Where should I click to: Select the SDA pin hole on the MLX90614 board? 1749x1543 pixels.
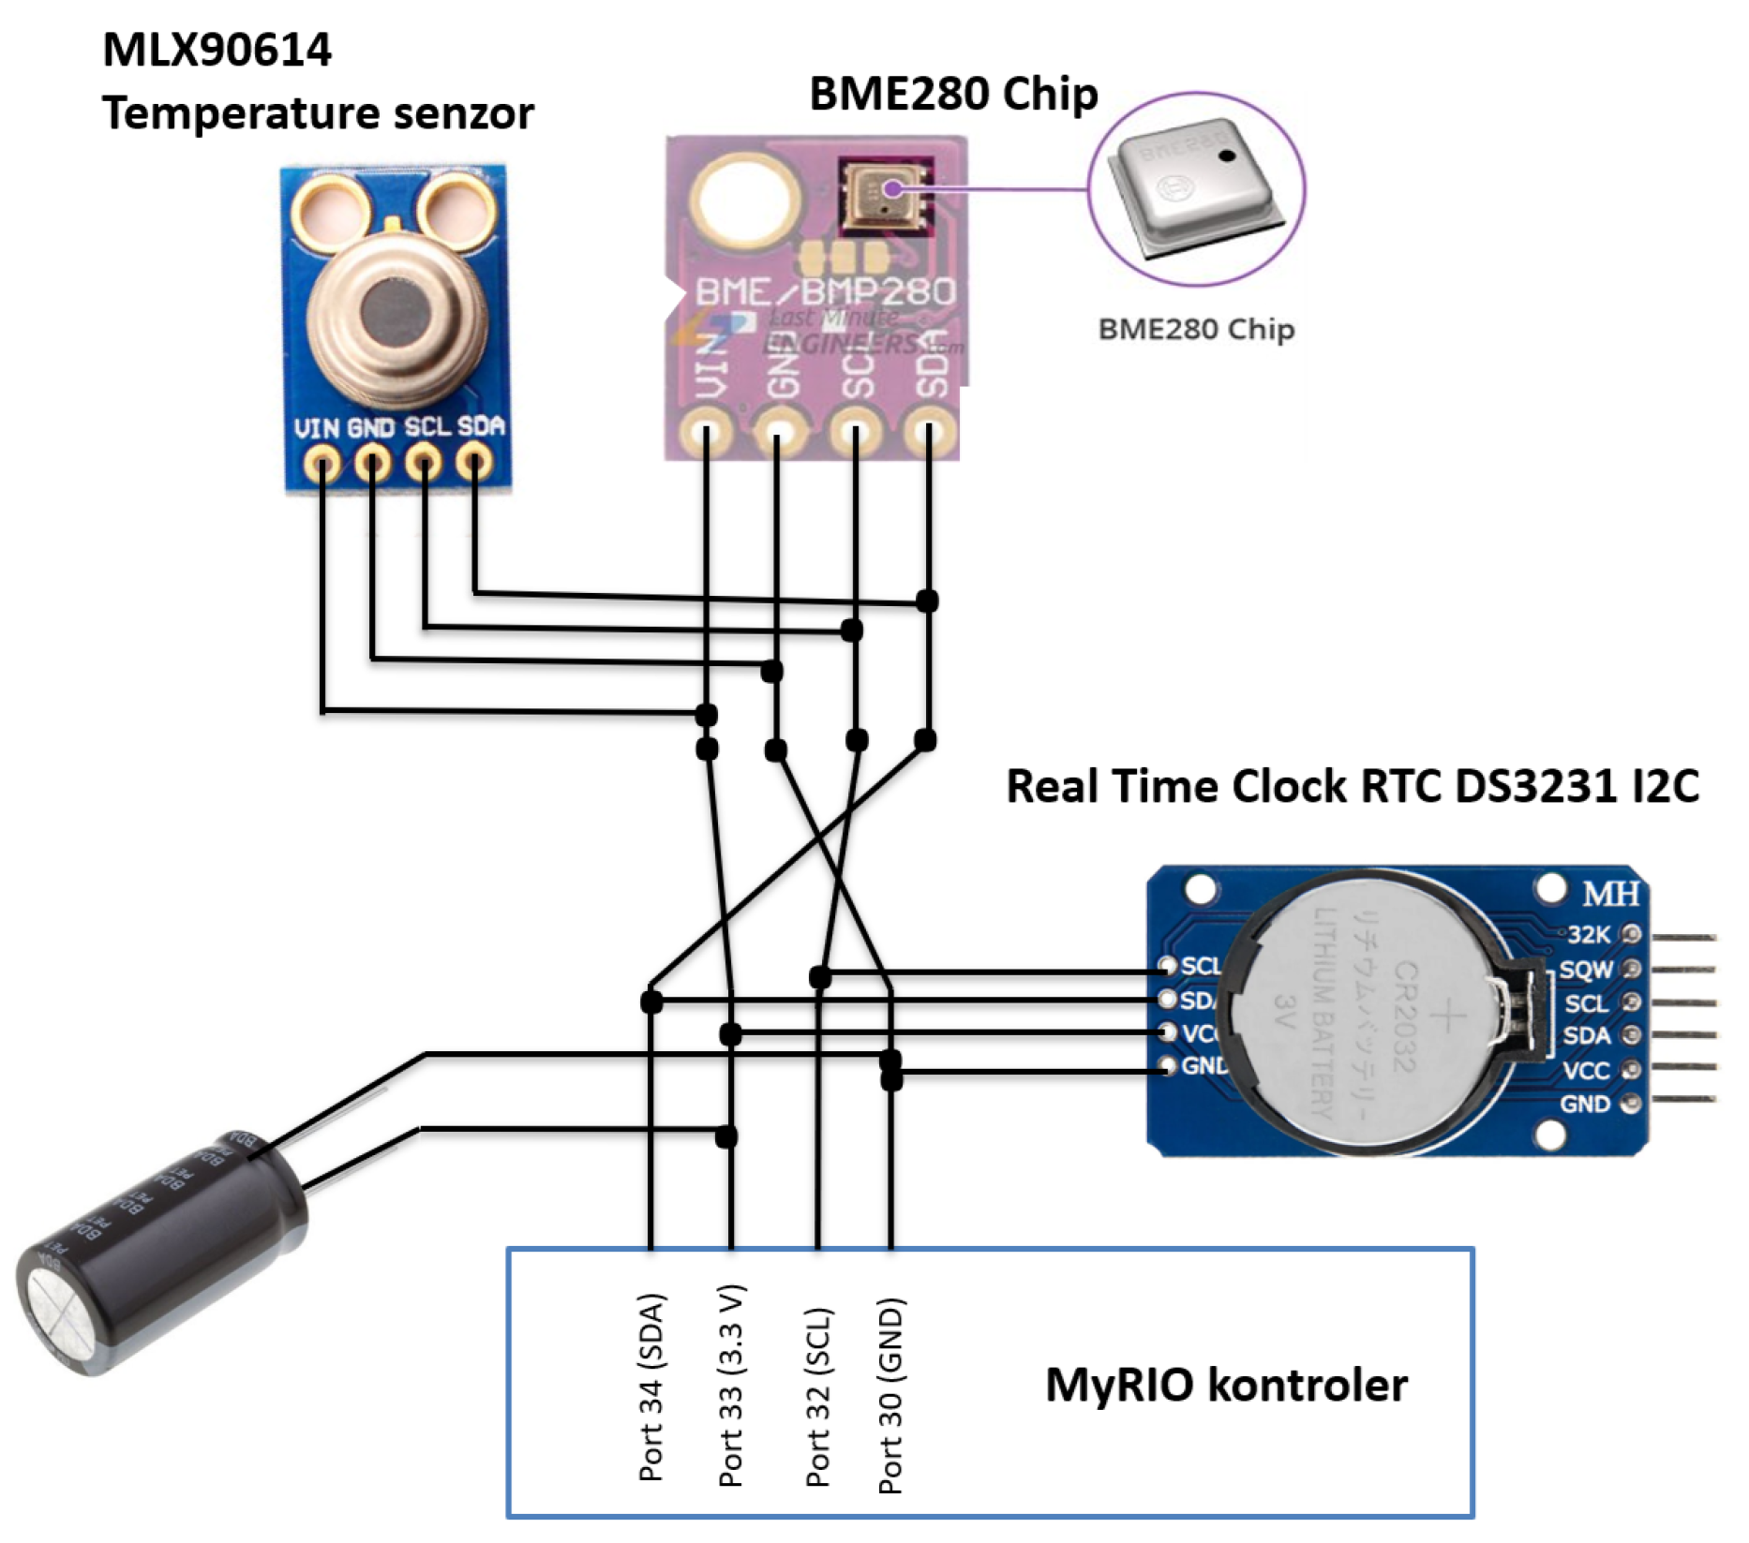click(x=475, y=462)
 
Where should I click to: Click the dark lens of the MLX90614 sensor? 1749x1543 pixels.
click(x=396, y=309)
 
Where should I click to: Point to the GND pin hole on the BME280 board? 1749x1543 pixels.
click(x=777, y=435)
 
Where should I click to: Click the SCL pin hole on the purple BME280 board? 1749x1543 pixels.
click(x=854, y=435)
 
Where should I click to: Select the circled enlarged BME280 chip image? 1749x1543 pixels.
click(x=1195, y=187)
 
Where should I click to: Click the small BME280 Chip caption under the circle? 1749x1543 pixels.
click(x=1196, y=330)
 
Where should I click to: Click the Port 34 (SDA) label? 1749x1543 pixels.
click(x=651, y=1387)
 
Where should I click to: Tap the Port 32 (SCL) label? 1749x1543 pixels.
click(x=818, y=1397)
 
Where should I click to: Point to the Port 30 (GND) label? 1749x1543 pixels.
click(x=890, y=1395)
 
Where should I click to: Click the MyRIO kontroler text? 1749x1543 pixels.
click(x=1226, y=1385)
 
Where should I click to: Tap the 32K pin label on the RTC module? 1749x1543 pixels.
click(x=1588, y=934)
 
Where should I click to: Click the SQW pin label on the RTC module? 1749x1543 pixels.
click(x=1586, y=970)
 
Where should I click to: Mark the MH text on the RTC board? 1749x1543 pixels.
click(x=1610, y=895)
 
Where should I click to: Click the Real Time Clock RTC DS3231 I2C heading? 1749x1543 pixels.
click(x=1352, y=785)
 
